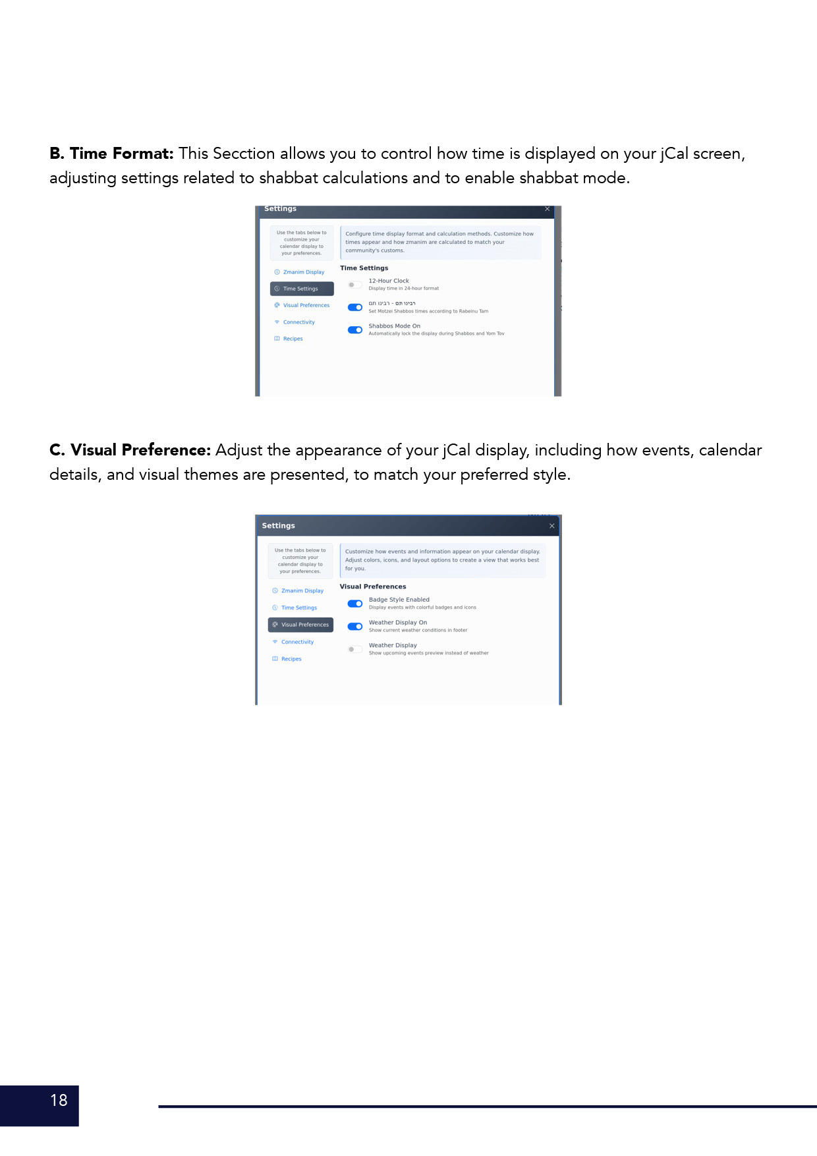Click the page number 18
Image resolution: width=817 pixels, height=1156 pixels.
(59, 1100)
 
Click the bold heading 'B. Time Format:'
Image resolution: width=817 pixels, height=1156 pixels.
(111, 154)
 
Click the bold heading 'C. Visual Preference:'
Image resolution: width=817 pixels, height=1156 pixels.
(130, 450)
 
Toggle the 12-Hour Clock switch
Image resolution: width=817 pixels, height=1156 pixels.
(355, 285)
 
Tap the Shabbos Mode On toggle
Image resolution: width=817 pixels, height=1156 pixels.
(355, 330)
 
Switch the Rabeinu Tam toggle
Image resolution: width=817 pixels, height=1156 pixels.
(355, 307)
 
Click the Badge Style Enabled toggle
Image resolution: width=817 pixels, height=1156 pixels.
(355, 604)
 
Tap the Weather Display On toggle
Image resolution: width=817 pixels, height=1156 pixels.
(355, 626)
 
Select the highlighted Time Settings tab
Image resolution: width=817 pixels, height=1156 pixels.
(302, 289)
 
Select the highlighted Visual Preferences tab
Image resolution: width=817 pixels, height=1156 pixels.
(301, 625)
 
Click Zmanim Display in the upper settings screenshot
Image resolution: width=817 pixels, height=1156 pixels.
(303, 272)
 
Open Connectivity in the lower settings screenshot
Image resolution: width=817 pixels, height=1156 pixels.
(297, 642)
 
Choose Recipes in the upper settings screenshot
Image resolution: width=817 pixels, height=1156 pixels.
(293, 339)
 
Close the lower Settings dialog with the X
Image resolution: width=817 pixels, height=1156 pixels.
(552, 526)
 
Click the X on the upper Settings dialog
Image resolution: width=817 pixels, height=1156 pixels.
(547, 209)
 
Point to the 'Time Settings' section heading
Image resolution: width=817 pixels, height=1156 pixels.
(364, 268)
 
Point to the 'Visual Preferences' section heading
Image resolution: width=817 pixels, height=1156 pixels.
(373, 587)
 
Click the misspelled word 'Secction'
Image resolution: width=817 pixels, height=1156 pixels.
(244, 154)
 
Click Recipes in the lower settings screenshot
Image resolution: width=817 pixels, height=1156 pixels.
(291, 659)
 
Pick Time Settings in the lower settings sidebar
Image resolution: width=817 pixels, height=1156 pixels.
(299, 608)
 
